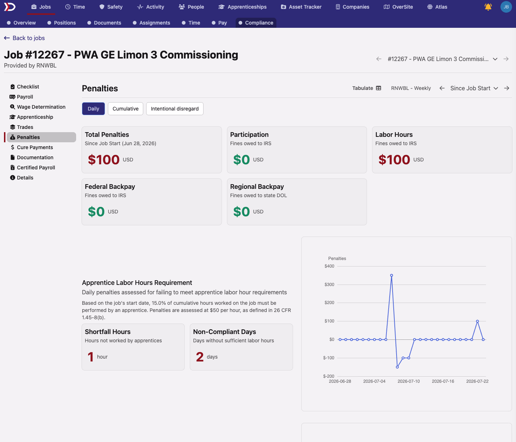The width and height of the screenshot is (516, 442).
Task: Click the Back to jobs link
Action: click(25, 38)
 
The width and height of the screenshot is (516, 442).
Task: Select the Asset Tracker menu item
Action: click(301, 7)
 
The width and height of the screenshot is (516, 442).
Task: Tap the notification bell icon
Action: click(488, 7)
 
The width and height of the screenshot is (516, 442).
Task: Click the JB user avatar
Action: click(506, 7)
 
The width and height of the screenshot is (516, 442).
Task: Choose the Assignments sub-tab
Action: click(152, 23)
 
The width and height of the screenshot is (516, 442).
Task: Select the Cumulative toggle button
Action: click(125, 109)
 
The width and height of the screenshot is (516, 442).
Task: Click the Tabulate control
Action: click(367, 88)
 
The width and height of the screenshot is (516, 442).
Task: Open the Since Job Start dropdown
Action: click(474, 88)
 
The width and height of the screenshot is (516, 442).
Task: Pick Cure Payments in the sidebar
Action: click(35, 147)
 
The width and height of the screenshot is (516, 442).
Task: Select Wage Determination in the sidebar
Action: click(41, 107)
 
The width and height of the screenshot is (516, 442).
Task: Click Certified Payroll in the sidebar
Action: click(36, 168)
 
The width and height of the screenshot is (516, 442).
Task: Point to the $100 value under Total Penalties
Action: click(104, 160)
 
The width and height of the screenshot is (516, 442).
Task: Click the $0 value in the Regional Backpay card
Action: click(241, 212)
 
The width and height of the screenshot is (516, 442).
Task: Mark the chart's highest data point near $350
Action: click(392, 275)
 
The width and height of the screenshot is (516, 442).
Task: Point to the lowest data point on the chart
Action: click(397, 367)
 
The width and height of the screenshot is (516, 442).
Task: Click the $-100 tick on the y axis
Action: click(328, 358)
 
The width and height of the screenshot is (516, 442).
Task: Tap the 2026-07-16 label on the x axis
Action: click(443, 381)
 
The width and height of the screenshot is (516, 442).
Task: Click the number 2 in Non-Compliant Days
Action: click(200, 357)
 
